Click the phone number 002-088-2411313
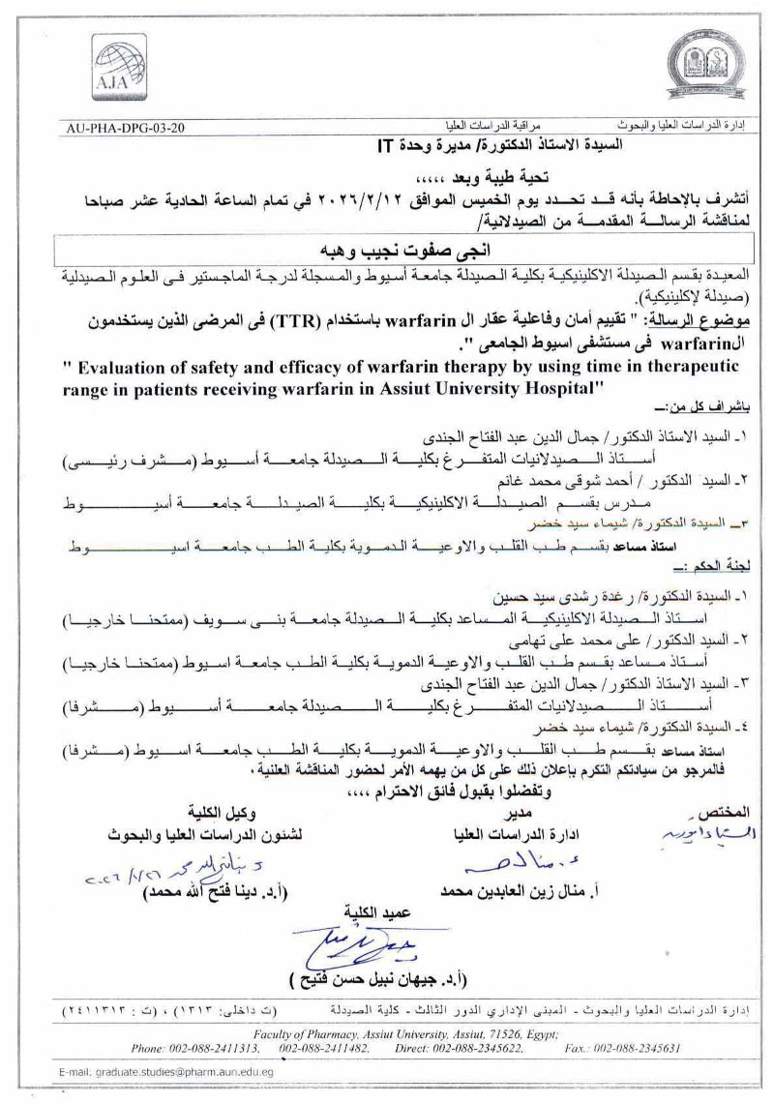point(214,1047)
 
